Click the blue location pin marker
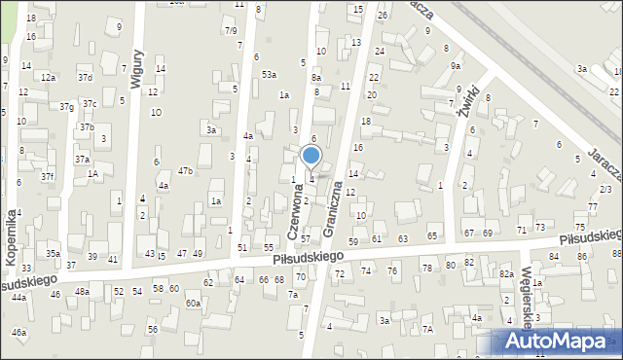311,156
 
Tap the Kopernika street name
13,238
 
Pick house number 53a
268,74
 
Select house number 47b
185,171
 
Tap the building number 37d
85,77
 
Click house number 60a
193,304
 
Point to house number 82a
506,274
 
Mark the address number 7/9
231,31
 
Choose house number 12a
48,77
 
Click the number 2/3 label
605,189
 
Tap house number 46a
18,333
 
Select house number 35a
53,254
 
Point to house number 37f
47,176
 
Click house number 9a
455,66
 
